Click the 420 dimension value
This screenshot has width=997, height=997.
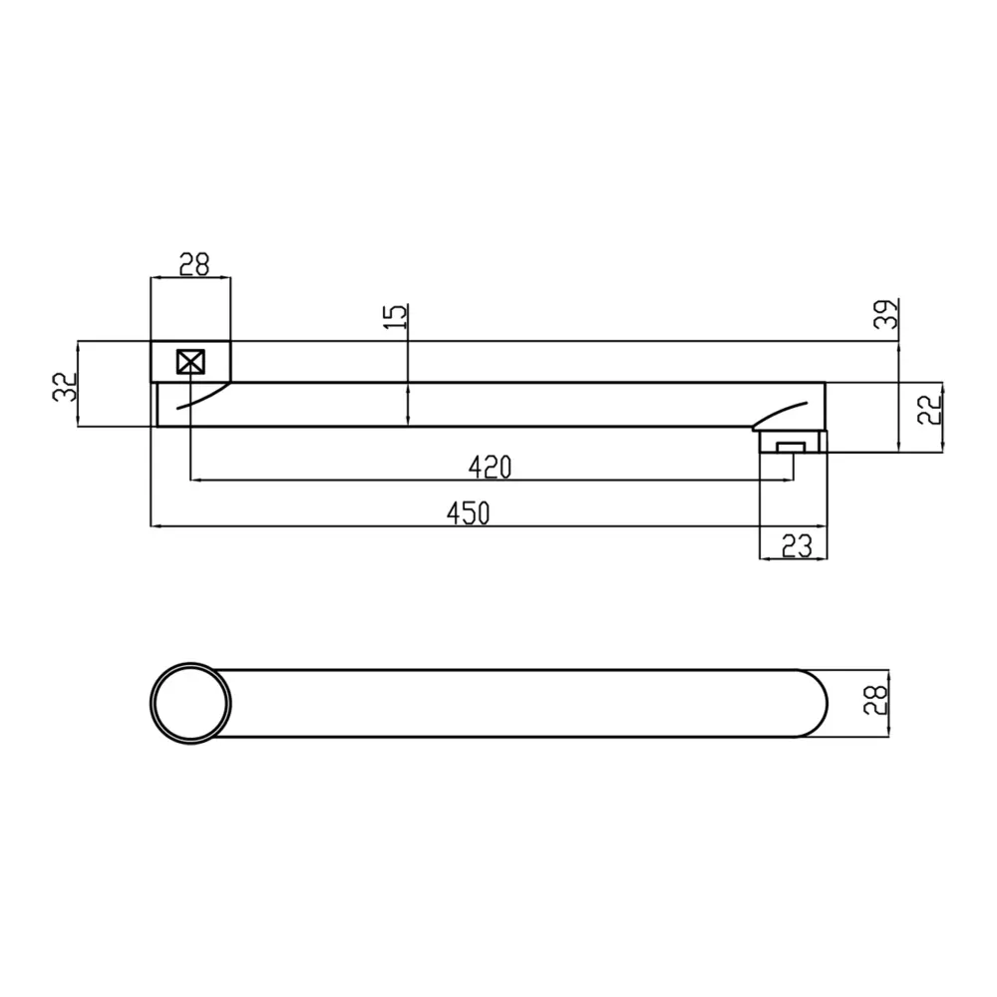pyautogui.click(x=490, y=468)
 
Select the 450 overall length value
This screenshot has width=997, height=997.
pyautogui.click(x=468, y=513)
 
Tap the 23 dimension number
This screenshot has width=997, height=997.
pyautogui.click(x=797, y=546)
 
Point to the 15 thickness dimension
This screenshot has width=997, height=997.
pyautogui.click(x=395, y=316)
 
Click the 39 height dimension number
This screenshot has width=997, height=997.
pyautogui.click(x=885, y=313)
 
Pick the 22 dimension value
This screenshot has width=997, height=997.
pyautogui.click(x=929, y=410)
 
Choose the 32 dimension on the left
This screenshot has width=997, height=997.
pyautogui.click(x=64, y=387)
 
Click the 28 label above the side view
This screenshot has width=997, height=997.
pyautogui.click(x=193, y=264)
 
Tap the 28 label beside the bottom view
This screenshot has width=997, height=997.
pyautogui.click(x=875, y=700)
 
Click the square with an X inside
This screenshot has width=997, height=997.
pyautogui.click(x=190, y=362)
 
